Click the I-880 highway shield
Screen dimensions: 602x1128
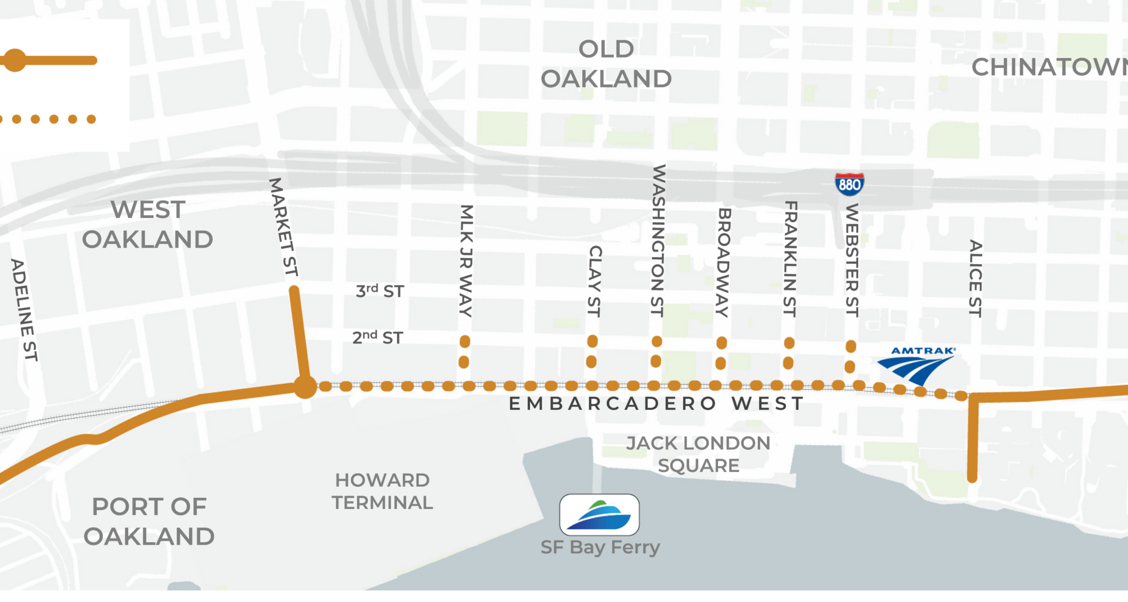[849, 184]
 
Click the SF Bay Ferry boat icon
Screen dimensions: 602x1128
[599, 515]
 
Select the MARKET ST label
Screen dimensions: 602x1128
[284, 227]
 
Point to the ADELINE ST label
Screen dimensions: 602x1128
[25, 310]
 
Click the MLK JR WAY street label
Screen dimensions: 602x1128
[466, 260]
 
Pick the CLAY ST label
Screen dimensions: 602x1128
[595, 281]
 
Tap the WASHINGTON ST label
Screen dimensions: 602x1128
[658, 240]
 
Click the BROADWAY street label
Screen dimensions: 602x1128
[723, 262]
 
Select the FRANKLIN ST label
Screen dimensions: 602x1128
[790, 259]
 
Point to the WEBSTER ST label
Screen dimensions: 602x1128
[852, 260]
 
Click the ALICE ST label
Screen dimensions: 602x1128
[975, 278]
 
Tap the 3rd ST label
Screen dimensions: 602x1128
[380, 291]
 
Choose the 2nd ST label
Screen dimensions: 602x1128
[378, 337]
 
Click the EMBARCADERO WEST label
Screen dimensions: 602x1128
[656, 404]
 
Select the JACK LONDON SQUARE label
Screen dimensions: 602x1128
[698, 454]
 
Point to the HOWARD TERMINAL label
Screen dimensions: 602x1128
[382, 491]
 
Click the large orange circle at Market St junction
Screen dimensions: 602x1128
[305, 387]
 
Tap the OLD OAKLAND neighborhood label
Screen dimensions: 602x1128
[606, 64]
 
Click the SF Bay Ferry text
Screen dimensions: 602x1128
[600, 547]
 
